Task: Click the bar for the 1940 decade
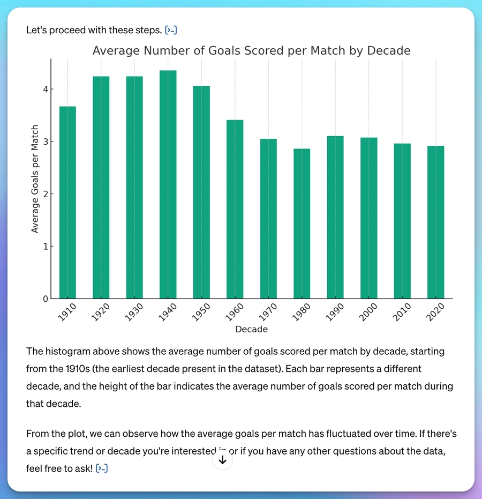pos(168,184)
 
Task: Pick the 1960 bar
pos(235,209)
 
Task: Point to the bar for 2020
pos(435,222)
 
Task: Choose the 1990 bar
pos(335,217)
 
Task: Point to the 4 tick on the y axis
pos(46,89)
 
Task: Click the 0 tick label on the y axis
pos(46,299)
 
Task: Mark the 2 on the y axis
pos(46,194)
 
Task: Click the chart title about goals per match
pos(251,51)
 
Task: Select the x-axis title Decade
pos(251,330)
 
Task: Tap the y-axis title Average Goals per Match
pos(35,179)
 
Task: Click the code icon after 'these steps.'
pos(171,30)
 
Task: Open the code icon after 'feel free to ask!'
pos(102,469)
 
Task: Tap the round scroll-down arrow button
pos(223,460)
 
